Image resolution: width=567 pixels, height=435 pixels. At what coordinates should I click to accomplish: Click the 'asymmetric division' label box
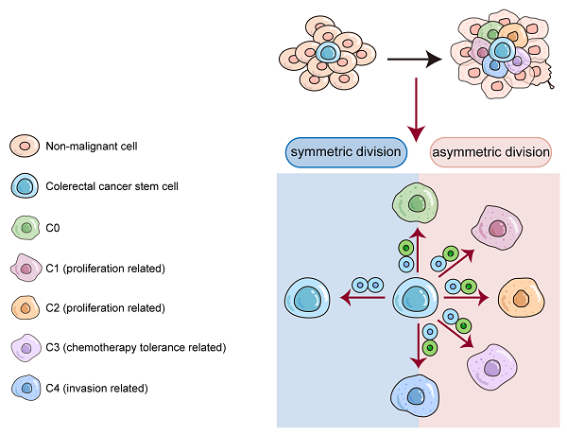click(490, 152)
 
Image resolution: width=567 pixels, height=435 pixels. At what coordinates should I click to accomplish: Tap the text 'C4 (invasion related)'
click(98, 389)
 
